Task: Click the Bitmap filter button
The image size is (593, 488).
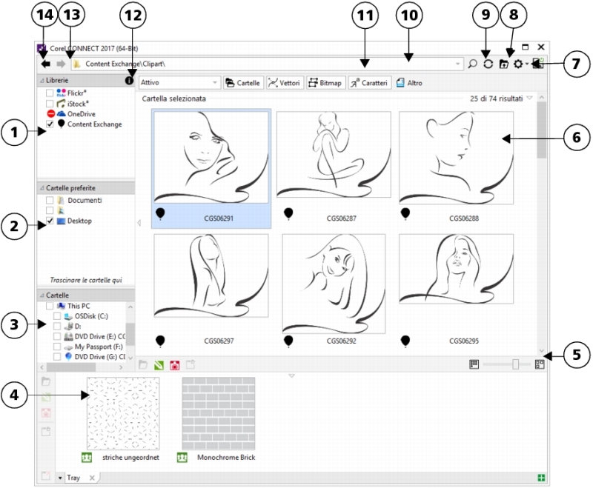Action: [325, 83]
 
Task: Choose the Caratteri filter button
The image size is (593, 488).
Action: [369, 83]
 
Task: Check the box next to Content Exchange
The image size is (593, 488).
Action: [50, 124]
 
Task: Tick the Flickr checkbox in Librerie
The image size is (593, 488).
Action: [50, 93]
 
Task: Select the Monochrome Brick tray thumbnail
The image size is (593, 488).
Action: [219, 412]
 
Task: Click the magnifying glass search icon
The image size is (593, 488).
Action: [473, 64]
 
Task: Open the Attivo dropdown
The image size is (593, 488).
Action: [180, 83]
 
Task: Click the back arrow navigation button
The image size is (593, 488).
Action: [46, 64]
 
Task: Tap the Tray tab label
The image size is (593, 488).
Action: [74, 478]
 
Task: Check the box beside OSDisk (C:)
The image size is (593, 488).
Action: [58, 315]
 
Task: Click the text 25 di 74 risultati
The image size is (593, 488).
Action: [496, 98]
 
